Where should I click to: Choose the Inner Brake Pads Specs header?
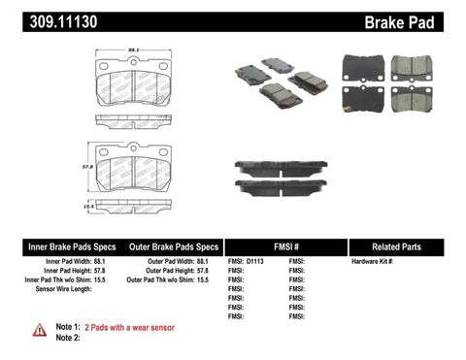tap(54, 246)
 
